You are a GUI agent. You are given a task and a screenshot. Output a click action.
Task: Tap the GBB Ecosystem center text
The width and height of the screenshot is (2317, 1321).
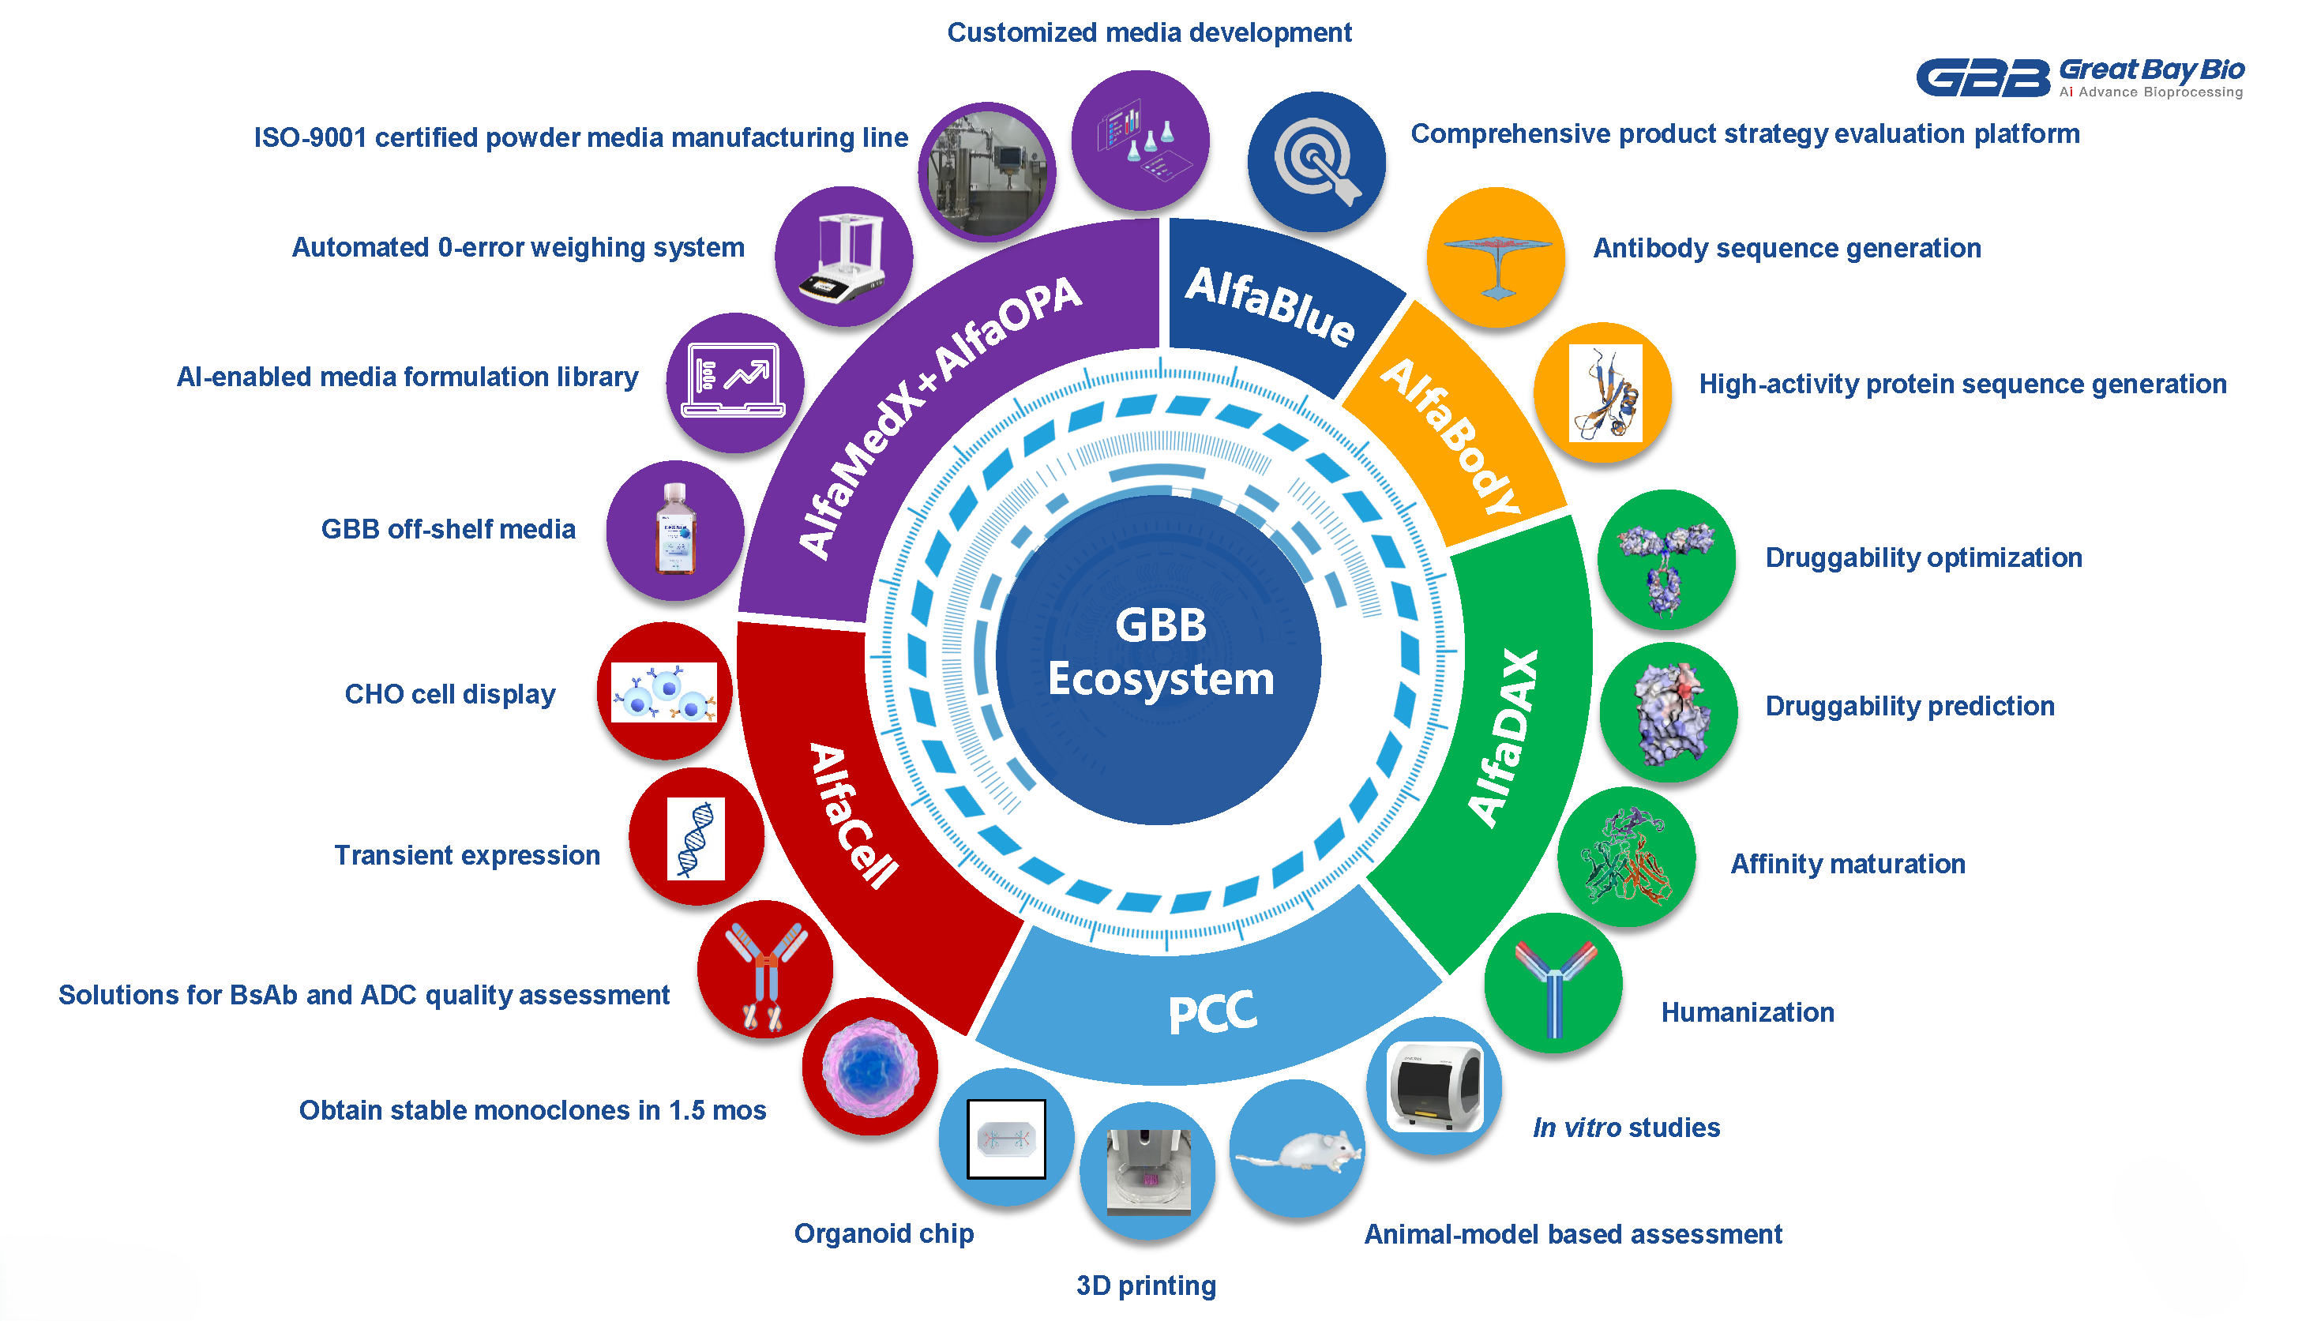coord(1160,652)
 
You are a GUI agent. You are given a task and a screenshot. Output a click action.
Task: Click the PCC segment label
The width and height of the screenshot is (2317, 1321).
coord(1212,1013)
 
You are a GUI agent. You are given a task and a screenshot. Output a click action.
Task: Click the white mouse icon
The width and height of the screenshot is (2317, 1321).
coord(1298,1150)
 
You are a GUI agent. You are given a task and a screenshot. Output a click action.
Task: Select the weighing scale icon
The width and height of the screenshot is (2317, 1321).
coord(843,257)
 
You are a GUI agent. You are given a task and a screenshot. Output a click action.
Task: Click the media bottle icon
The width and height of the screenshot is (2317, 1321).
coord(675,530)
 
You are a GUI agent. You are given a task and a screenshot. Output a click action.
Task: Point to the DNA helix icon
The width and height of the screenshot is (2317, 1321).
coord(696,839)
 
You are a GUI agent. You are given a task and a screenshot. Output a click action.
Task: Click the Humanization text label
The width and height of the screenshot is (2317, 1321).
coord(1746,1011)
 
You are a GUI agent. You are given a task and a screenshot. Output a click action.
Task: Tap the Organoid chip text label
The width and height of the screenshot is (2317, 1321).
coord(884,1233)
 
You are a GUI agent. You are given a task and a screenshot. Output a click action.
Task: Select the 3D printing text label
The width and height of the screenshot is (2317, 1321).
coord(1146,1285)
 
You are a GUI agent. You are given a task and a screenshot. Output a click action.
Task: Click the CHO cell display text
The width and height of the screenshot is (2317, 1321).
coord(450,694)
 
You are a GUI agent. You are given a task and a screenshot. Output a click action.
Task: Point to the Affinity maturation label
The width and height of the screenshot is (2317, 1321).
coord(1847,864)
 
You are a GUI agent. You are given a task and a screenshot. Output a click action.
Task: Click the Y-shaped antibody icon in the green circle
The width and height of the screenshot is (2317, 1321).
coord(1553,985)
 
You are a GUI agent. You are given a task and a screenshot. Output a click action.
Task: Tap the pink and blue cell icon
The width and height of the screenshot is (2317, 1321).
coord(869,1067)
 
